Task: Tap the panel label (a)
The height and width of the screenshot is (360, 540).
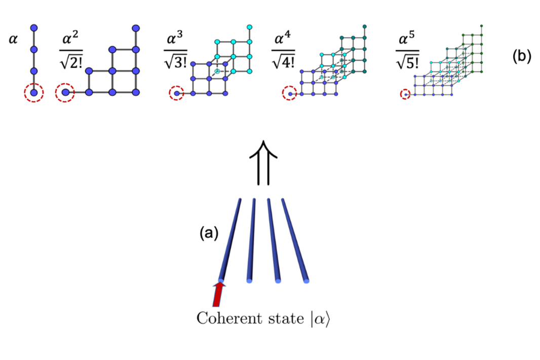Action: (x=209, y=233)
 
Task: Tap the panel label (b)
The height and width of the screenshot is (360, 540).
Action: (x=522, y=56)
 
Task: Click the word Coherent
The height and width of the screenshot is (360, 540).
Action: (x=225, y=318)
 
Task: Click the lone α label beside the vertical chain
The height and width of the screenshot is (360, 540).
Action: (x=13, y=39)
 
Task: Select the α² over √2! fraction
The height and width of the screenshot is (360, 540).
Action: (x=71, y=50)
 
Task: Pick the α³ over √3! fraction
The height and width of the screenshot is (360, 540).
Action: (x=176, y=50)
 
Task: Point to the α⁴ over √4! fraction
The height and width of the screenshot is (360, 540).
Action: (x=283, y=50)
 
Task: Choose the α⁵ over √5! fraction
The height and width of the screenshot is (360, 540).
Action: (x=407, y=50)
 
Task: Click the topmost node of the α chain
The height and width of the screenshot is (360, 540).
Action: (x=34, y=28)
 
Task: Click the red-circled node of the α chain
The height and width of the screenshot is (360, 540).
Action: (x=34, y=93)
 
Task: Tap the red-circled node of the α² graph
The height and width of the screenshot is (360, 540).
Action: (x=65, y=92)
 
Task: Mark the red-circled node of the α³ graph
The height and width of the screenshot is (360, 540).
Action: (x=177, y=93)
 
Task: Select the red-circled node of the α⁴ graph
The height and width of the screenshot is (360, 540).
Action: (x=290, y=94)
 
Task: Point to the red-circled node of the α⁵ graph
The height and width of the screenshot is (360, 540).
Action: (x=406, y=94)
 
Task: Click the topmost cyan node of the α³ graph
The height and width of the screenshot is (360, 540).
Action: (x=250, y=27)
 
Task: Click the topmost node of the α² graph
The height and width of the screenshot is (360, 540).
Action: (x=136, y=28)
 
